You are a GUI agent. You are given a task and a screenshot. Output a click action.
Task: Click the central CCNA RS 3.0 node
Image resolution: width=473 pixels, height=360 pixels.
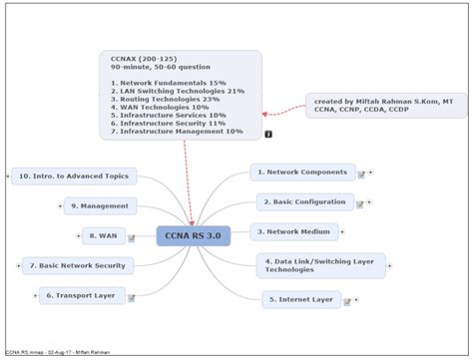coord(193,236)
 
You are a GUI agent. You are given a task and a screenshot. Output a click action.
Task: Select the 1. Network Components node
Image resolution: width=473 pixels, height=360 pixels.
coord(302,173)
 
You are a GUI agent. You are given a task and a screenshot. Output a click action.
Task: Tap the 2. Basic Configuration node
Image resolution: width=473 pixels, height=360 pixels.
coord(305,201)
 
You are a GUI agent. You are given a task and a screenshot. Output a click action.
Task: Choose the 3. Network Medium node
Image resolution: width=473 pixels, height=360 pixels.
coord(293,231)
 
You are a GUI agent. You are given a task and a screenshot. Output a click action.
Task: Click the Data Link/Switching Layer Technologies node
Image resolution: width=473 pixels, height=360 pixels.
coord(319,265)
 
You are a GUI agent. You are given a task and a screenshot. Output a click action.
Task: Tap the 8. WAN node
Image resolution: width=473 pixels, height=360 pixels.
coord(104,236)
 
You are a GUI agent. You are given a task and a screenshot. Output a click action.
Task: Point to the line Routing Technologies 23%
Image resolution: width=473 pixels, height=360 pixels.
coord(165,99)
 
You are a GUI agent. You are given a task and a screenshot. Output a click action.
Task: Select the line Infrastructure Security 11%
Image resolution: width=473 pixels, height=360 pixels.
coord(169,123)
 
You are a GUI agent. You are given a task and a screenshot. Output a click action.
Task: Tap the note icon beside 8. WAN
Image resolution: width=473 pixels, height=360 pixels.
coord(131,238)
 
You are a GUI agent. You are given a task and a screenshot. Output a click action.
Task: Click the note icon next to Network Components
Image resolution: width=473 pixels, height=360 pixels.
coord(360,174)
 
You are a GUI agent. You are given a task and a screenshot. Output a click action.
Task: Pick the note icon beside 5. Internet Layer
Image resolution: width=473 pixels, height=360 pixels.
coord(348,300)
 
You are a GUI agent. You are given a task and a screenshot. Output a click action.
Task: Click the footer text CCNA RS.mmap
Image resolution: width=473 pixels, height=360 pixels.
coord(24,353)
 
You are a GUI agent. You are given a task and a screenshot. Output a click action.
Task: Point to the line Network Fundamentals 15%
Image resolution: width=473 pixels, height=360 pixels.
coord(169,83)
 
